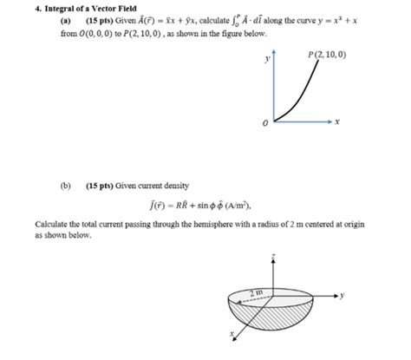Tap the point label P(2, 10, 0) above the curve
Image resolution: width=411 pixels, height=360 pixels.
coord(326,55)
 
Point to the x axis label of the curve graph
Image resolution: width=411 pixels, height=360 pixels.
coord(336,121)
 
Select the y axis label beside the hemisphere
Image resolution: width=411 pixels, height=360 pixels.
coord(342,296)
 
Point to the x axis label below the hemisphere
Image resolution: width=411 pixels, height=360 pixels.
coord(231,333)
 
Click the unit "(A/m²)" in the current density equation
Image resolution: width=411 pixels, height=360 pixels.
coord(233,206)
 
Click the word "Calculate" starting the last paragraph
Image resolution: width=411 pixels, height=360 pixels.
coord(54,224)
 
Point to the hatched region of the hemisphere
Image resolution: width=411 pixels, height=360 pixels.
coord(286,312)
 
